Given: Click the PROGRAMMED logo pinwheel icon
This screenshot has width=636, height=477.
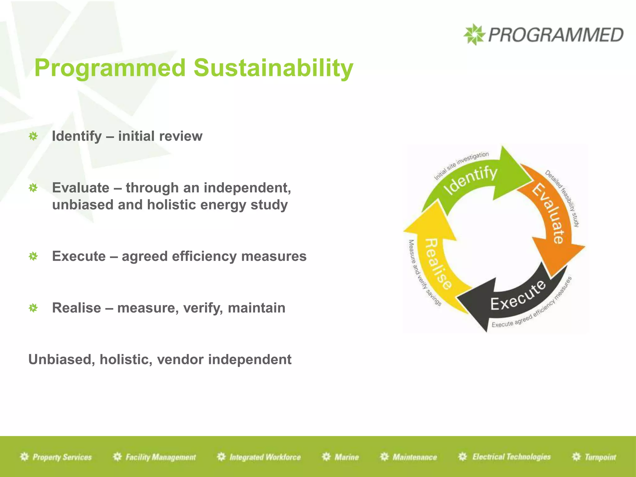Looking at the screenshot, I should click(474, 34).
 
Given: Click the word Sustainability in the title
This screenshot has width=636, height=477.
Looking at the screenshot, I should click(273, 68).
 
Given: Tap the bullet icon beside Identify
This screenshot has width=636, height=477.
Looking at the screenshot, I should click(33, 136).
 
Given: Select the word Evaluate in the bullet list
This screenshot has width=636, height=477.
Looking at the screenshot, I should click(81, 188).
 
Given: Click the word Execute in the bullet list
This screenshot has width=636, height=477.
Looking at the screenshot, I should click(79, 256).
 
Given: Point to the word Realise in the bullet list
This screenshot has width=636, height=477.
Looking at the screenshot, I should click(76, 308).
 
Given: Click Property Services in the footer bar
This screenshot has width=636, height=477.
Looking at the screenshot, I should click(62, 457).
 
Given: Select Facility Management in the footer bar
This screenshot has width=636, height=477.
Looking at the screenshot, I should click(161, 457).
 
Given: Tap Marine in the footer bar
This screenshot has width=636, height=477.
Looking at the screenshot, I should click(346, 457).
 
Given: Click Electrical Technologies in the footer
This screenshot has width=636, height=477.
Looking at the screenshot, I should click(511, 457).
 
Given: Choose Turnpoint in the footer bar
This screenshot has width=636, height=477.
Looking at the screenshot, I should click(600, 457).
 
